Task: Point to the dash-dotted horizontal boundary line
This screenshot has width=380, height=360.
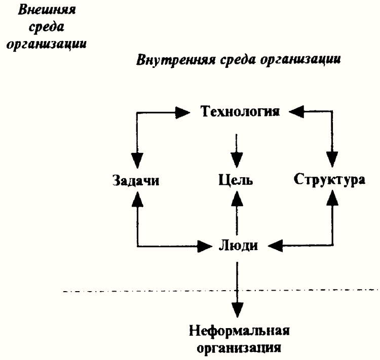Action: (152, 292)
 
